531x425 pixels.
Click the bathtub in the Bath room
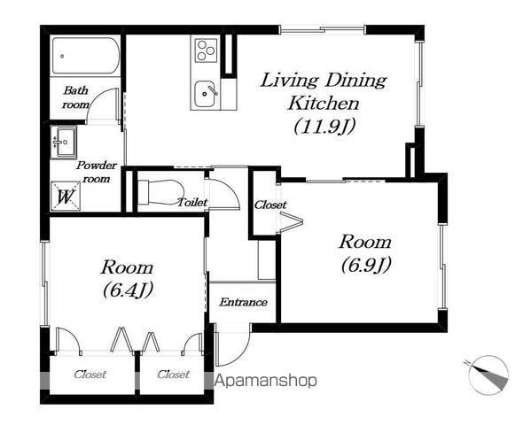point(85,56)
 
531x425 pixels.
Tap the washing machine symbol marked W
point(66,197)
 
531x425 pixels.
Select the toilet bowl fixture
point(160,192)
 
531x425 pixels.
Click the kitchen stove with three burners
point(206,50)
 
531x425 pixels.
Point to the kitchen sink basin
point(205,93)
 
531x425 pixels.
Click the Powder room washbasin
point(64,143)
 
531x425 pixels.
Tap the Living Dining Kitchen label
point(324,92)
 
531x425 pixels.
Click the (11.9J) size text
point(324,127)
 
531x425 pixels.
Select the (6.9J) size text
point(366,265)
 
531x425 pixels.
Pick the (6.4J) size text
point(128,290)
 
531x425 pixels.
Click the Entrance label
point(243,302)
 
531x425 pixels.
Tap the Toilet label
point(192,203)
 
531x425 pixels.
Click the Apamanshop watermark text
point(266,381)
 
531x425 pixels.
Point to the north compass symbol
point(488,375)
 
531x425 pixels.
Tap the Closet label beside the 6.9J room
point(270,205)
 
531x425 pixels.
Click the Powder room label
point(97,172)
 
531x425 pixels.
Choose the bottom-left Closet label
point(90,375)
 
